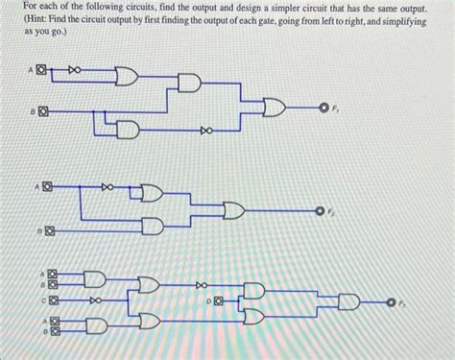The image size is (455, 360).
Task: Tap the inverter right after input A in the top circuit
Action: (x=75, y=70)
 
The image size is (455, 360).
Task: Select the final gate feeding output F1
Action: (x=275, y=109)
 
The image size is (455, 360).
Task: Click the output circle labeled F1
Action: (x=323, y=109)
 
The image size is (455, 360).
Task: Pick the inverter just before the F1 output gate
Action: (x=204, y=128)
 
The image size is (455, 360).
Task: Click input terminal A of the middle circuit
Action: (x=45, y=185)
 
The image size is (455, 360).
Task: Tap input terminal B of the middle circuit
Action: (x=45, y=230)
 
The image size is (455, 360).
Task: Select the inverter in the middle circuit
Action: (x=108, y=186)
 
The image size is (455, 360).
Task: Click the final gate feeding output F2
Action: (x=234, y=208)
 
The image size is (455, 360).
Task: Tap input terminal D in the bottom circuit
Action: (x=219, y=300)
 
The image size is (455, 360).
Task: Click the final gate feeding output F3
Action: (x=347, y=302)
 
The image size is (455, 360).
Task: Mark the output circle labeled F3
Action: (x=392, y=302)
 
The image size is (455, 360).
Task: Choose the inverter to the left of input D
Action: (x=201, y=284)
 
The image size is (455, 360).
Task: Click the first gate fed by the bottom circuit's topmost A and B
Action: (x=94, y=278)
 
